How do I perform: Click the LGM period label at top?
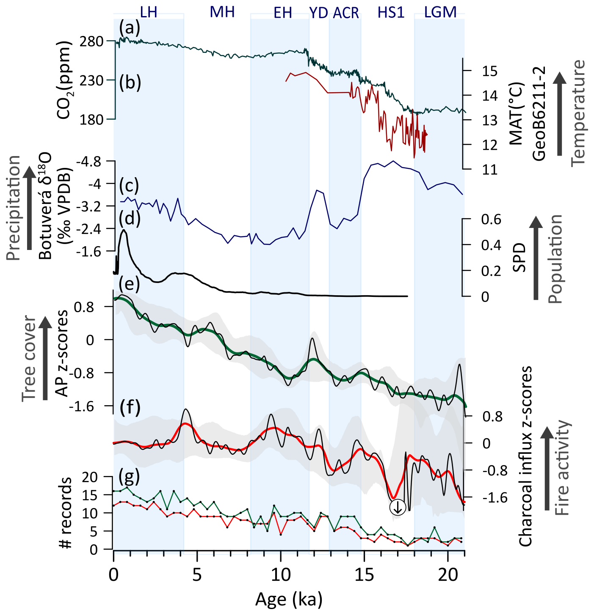(440, 12)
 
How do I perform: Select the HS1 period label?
(391, 13)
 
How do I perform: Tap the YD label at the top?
(318, 13)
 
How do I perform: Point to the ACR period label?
(346, 13)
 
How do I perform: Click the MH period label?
(222, 12)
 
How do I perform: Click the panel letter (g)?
(129, 477)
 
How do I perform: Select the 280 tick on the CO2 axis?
(91, 41)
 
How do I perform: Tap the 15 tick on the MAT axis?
(489, 71)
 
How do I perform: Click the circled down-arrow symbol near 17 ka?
(398, 508)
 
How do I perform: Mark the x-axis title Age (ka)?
(289, 599)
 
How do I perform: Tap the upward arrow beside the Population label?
(536, 258)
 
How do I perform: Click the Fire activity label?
(562, 467)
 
